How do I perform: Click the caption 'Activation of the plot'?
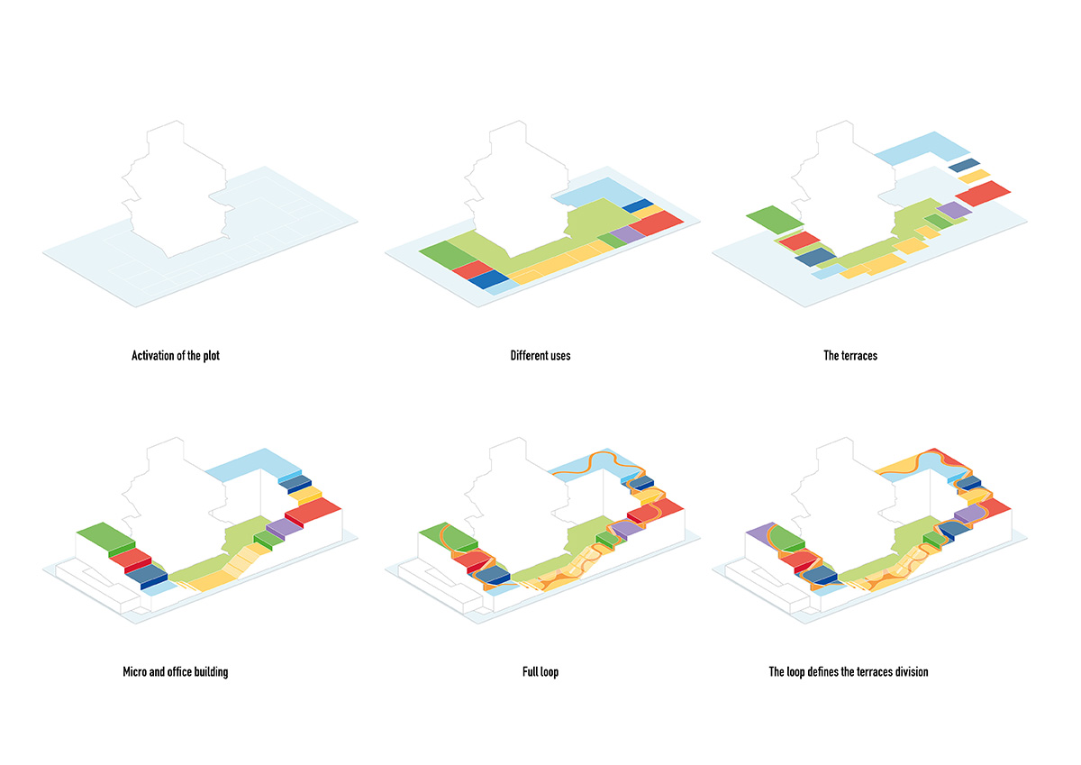176,356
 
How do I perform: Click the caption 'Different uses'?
540,356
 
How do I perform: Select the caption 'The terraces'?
850,356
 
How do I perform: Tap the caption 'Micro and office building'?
176,672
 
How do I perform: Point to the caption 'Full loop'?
540,672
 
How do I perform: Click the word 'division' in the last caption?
907,672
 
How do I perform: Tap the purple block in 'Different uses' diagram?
623,236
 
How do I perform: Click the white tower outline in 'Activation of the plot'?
171,189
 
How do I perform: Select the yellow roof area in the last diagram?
901,466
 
